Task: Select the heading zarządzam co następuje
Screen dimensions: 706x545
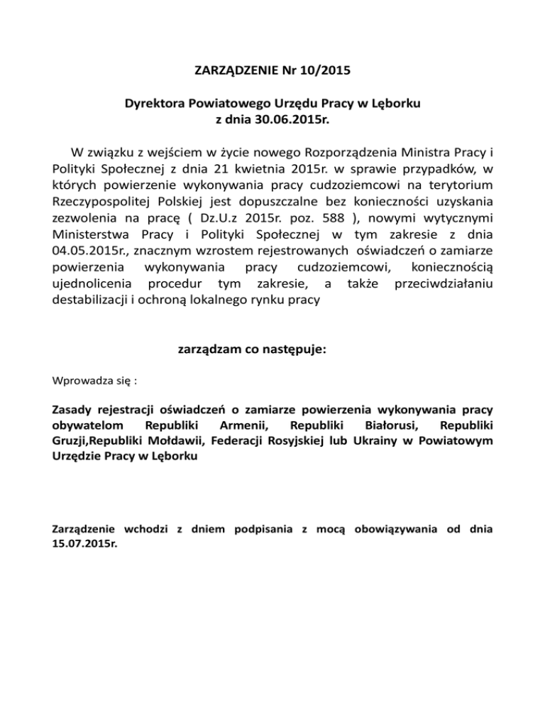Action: click(x=251, y=349)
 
